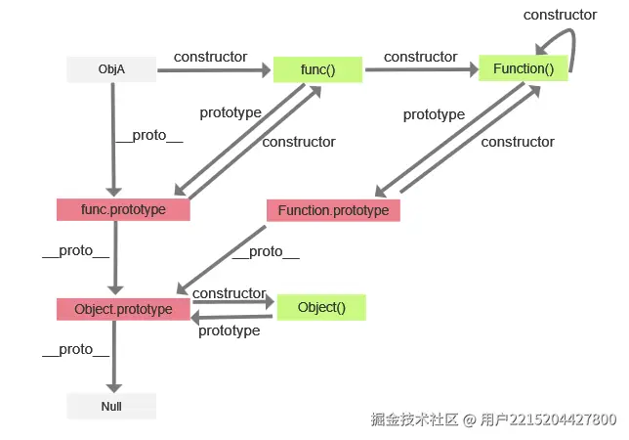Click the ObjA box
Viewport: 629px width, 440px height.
click(111, 69)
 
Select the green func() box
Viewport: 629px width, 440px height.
click(317, 69)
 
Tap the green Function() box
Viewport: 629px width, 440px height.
click(523, 69)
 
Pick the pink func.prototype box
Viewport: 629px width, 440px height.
click(123, 209)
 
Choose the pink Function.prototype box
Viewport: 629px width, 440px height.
click(333, 210)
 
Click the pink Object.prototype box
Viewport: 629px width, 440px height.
click(123, 309)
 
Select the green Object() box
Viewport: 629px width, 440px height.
click(321, 307)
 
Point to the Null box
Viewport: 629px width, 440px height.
click(111, 406)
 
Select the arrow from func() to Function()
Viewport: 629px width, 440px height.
click(420, 69)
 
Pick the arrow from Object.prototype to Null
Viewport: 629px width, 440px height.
click(114, 356)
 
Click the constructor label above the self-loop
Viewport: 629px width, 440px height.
click(560, 15)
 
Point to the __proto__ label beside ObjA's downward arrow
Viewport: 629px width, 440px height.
click(149, 136)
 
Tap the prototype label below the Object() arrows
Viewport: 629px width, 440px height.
click(229, 330)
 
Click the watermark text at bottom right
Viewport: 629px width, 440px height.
click(493, 419)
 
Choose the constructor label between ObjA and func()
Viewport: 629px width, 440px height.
click(210, 57)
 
